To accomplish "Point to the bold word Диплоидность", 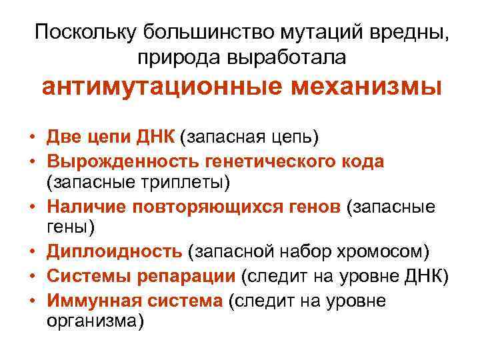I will (114, 251).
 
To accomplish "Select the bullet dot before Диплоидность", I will (32, 252).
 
